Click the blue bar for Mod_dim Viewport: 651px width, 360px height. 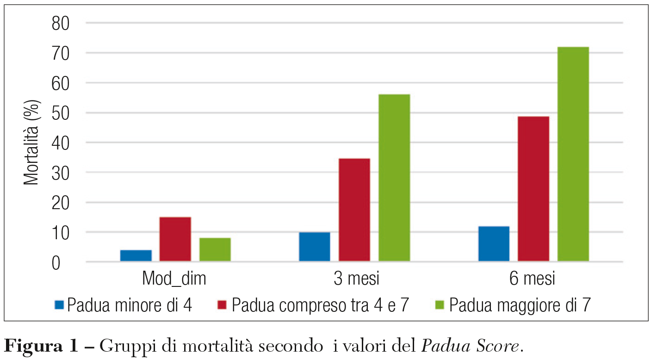coord(136,256)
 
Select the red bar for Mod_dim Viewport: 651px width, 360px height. coord(175,239)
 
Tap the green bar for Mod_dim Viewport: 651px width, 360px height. coord(215,250)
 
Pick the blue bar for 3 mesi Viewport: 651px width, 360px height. coord(315,247)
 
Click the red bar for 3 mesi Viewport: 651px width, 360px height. coord(354,210)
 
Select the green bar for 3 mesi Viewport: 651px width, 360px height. coord(394,178)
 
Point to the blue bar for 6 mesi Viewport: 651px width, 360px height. coord(494,244)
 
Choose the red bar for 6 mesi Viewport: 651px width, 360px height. coord(533,189)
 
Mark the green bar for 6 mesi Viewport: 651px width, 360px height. coord(573,154)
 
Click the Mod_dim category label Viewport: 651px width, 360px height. coord(174,279)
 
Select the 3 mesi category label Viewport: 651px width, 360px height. coord(355,279)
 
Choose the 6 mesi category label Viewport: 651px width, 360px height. coord(533,279)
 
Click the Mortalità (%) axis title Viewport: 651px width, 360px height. coord(31,141)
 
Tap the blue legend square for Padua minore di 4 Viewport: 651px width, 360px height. coord(60,305)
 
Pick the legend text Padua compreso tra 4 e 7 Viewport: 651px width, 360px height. coord(321,305)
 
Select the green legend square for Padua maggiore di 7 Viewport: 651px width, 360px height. coord(440,305)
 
